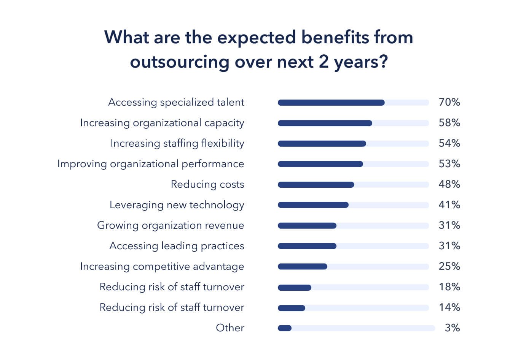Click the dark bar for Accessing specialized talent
[x=331, y=103]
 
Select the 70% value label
[x=449, y=102]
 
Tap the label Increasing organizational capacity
[x=162, y=123]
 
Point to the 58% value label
[x=449, y=123]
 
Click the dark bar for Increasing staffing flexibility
[x=322, y=144]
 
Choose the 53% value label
[x=449, y=164]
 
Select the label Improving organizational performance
[x=151, y=164]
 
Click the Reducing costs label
[x=207, y=184]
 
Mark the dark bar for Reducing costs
[x=316, y=185]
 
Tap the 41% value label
[x=449, y=205]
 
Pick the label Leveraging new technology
[x=177, y=205]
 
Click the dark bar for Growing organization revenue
[x=307, y=226]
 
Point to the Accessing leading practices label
[x=177, y=246]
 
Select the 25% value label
[x=449, y=266]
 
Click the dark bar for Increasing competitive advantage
[x=303, y=267]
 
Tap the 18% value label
[x=449, y=287]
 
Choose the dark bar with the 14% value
[x=292, y=308]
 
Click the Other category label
[x=230, y=328]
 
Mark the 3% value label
[x=452, y=328]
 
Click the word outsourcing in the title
[x=179, y=62]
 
